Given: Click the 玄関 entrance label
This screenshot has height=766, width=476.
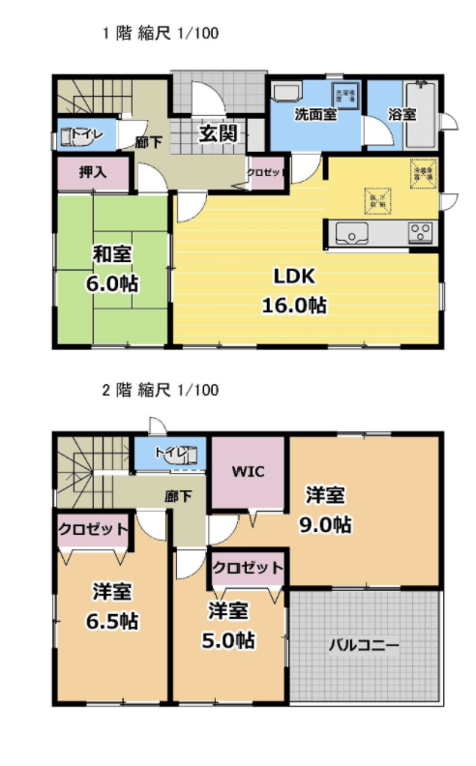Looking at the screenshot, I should pyautogui.click(x=219, y=133).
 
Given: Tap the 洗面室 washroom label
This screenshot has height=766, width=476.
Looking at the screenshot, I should pyautogui.click(x=315, y=114).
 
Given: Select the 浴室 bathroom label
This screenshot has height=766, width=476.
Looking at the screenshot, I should pyautogui.click(x=402, y=114).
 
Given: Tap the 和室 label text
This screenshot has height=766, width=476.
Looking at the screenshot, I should pyautogui.click(x=112, y=253).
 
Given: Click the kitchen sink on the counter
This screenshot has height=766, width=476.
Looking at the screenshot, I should pyautogui.click(x=349, y=232).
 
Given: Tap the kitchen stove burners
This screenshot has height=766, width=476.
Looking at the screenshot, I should pyautogui.click(x=421, y=232).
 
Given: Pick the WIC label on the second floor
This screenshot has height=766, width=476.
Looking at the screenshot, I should pyautogui.click(x=249, y=473).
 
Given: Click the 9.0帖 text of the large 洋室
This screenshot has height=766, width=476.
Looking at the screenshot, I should pyautogui.click(x=325, y=525).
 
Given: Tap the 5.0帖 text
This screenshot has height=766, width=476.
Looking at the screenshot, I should pyautogui.click(x=230, y=639).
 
